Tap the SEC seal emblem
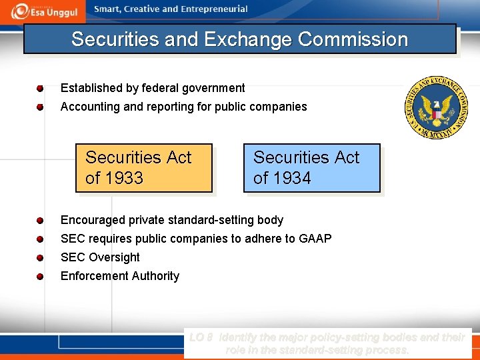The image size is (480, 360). tap(437, 108)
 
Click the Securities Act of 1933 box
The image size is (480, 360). tap(143, 168)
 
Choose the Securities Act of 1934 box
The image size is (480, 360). tap(311, 168)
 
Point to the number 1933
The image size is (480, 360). tap(125, 179)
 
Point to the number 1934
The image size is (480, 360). tap(293, 179)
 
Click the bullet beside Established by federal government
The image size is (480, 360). tap(40, 88)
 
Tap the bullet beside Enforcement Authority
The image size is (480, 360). tap(40, 276)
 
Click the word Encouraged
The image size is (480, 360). tap(92, 220)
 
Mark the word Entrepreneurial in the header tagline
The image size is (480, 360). tap(213, 9)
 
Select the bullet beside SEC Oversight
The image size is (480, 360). tap(40, 257)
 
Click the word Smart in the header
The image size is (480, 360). tap(107, 9)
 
